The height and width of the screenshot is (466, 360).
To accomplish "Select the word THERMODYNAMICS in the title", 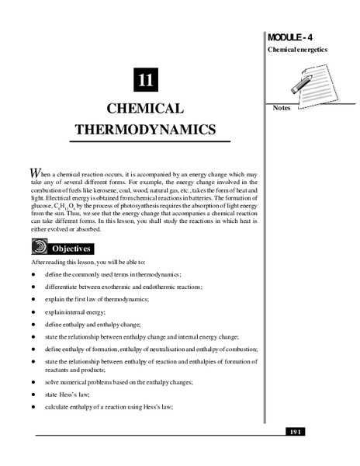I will point(144,129).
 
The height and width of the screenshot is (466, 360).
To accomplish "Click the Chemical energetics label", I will point(297,50).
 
